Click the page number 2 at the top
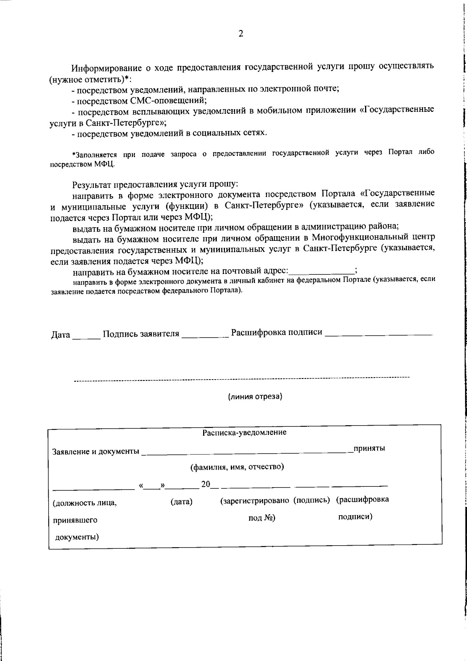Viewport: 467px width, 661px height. point(241,34)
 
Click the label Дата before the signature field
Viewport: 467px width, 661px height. point(61,335)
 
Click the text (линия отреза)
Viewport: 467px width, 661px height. point(255,397)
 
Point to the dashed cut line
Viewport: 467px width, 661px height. point(241,378)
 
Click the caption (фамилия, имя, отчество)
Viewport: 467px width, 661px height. point(237,467)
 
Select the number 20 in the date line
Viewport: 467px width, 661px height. point(205,484)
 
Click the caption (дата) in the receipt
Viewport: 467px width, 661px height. point(181,502)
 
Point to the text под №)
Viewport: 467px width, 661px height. point(262,518)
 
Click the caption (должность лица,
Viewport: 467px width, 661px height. point(85,503)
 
